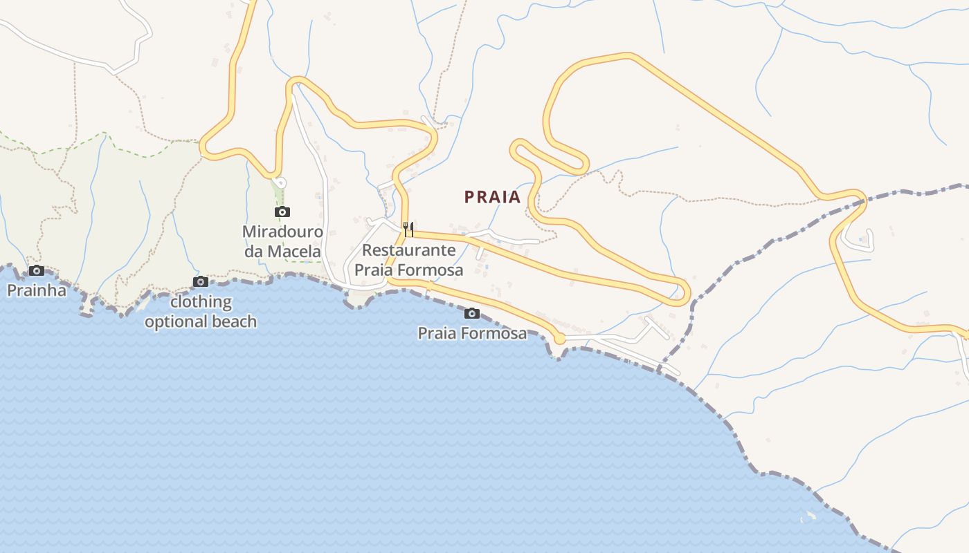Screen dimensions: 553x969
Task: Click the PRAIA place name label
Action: pyautogui.click(x=492, y=197)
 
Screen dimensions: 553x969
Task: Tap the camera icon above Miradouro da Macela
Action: pyautogui.click(x=282, y=212)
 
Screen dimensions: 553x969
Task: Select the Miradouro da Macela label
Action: pyautogui.click(x=282, y=241)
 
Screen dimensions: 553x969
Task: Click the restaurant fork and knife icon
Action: pyautogui.click(x=408, y=228)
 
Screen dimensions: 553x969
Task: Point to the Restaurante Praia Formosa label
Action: pyautogui.click(x=408, y=260)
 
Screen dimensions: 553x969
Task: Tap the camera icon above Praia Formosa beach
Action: pyautogui.click(x=472, y=314)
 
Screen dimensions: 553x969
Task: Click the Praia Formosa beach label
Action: pyautogui.click(x=472, y=333)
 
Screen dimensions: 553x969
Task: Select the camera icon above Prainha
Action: pyautogui.click(x=37, y=270)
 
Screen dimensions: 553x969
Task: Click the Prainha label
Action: pyautogui.click(x=37, y=290)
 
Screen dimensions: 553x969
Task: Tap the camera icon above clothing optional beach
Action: pyautogui.click(x=201, y=281)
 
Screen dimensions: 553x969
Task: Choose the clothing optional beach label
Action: pyautogui.click(x=201, y=312)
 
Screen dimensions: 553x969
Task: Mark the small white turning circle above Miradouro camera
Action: pyautogui.click(x=280, y=182)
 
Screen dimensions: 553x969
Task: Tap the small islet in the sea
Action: pyautogui.click(x=808, y=516)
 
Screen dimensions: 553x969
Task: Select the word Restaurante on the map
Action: pyautogui.click(x=408, y=250)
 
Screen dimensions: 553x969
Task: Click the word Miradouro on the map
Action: pyautogui.click(x=282, y=231)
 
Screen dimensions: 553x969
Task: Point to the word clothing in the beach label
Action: pyautogui.click(x=201, y=302)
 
